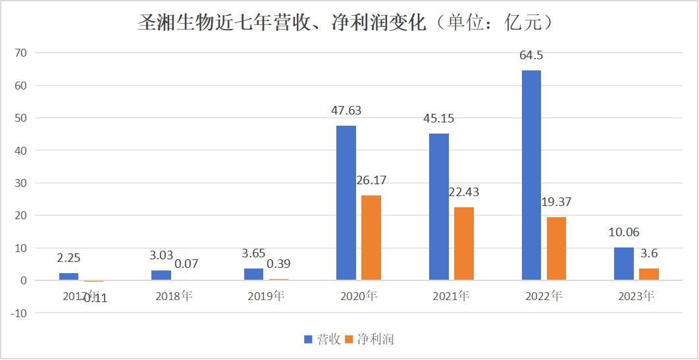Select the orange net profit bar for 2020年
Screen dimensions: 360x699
(x=371, y=238)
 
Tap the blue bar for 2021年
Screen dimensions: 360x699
(x=439, y=207)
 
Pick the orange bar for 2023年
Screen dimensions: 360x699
(x=649, y=274)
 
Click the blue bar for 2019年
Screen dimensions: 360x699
(x=254, y=274)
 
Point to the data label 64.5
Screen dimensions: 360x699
(x=531, y=55)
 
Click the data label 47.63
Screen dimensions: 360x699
(x=346, y=111)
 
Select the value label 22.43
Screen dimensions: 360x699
(x=463, y=192)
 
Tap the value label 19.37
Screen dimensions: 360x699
(x=556, y=202)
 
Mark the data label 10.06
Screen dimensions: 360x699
(x=623, y=232)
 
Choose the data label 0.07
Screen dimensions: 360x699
(x=186, y=264)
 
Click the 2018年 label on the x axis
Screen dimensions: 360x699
(x=174, y=296)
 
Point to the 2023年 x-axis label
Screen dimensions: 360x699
(x=636, y=296)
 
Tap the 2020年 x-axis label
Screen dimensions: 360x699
(x=359, y=296)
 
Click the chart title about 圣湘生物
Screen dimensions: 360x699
(x=349, y=23)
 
